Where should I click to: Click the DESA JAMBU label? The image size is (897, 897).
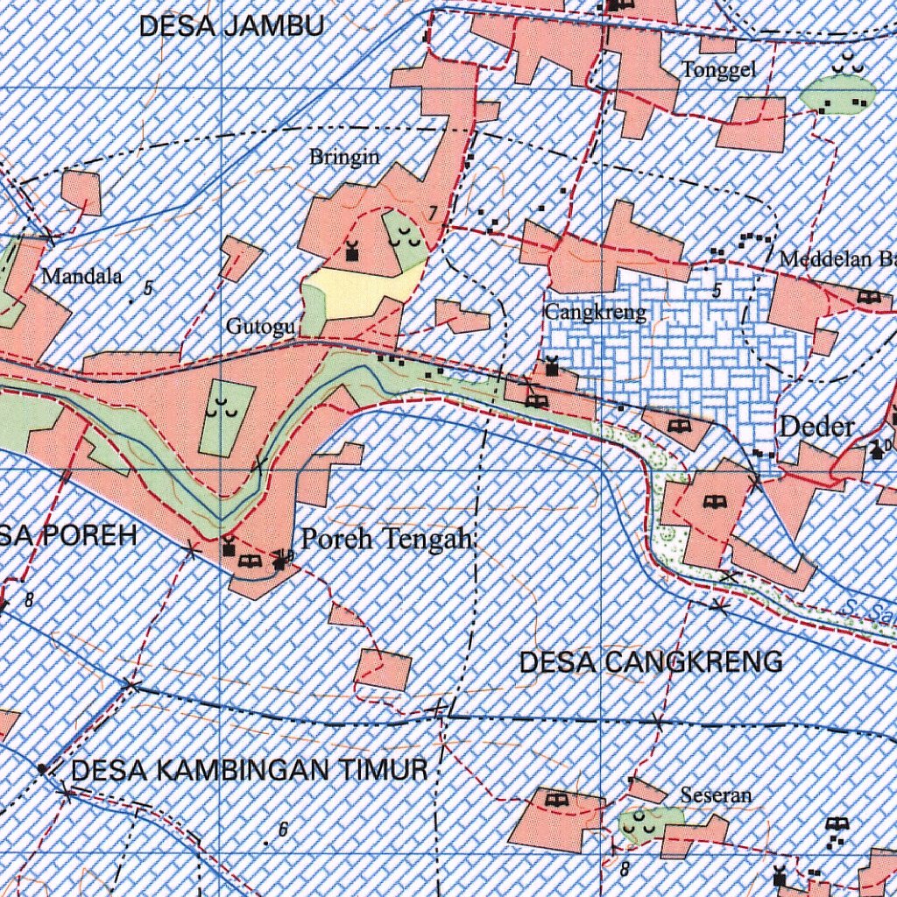[x=231, y=26]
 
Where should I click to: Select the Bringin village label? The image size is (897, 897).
[x=344, y=158]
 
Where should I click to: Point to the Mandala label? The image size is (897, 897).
[x=81, y=277]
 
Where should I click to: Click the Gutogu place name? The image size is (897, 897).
[x=260, y=327]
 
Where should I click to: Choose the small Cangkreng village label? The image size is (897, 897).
[x=595, y=312]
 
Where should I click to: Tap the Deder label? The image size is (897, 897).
[x=816, y=427]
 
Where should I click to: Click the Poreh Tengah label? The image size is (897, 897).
[x=386, y=539]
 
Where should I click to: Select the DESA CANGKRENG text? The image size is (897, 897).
[x=651, y=662]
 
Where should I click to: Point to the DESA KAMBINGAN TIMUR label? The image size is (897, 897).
[x=249, y=771]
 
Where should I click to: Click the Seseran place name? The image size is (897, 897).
[x=716, y=795]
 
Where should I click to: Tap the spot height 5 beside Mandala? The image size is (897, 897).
[x=148, y=288]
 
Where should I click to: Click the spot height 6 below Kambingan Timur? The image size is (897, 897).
[x=282, y=830]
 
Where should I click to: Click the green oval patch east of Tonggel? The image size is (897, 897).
[x=838, y=90]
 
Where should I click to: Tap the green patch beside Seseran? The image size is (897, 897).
[x=649, y=823]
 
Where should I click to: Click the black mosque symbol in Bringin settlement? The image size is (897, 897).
[x=352, y=252]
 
